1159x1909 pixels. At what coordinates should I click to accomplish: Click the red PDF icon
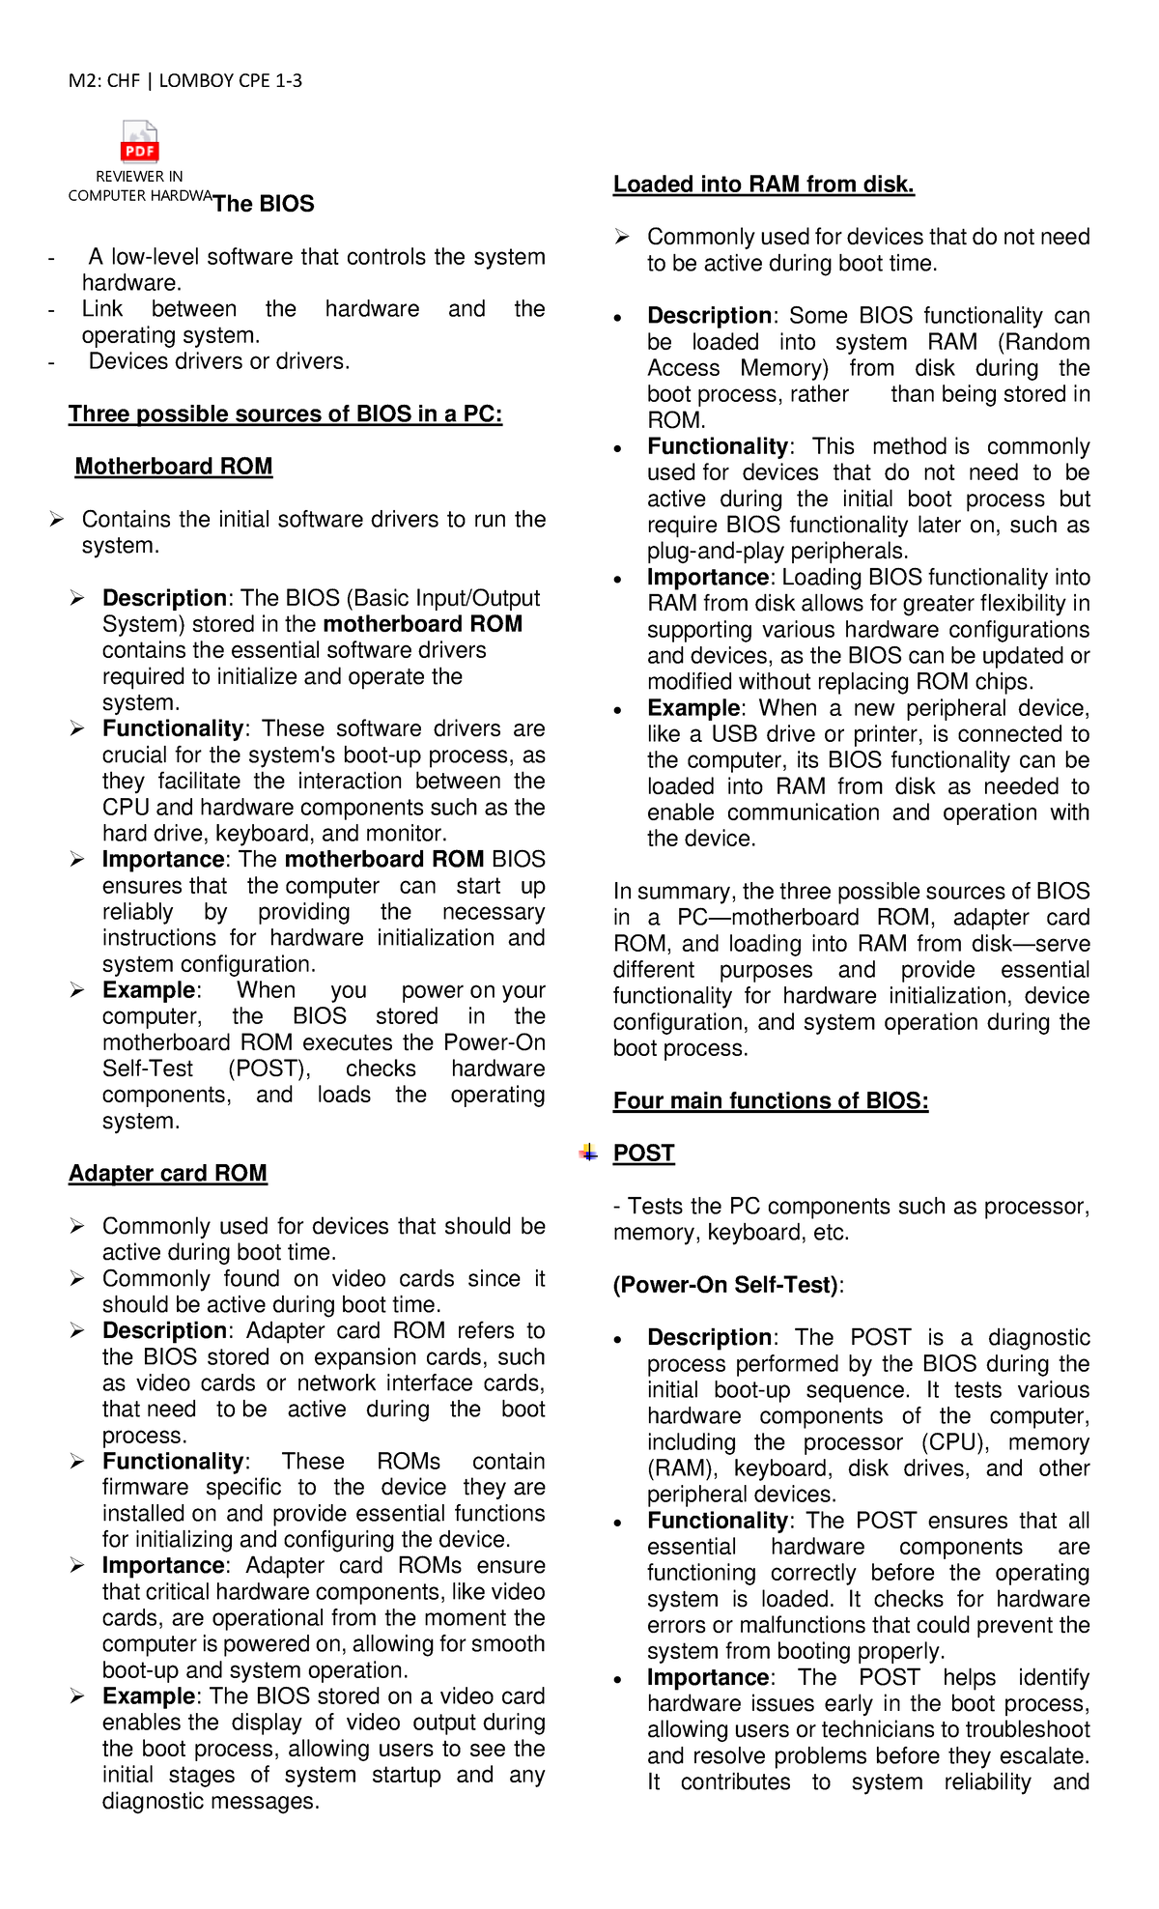pos(139,142)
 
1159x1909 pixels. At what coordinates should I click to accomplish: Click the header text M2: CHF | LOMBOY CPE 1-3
pos(184,81)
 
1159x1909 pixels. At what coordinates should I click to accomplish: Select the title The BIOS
pos(264,204)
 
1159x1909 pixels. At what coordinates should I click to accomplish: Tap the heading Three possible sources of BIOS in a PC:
pos(285,414)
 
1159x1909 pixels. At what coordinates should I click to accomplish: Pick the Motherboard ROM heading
pos(174,467)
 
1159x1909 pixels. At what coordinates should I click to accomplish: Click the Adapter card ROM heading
pos(168,1173)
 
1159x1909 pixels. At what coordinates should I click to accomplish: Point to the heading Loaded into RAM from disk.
pos(763,185)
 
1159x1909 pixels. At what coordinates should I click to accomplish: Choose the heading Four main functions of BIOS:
pos(771,1101)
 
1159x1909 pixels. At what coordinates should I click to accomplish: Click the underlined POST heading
pos(643,1154)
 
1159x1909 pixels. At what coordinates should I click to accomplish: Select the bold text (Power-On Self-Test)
pos(725,1285)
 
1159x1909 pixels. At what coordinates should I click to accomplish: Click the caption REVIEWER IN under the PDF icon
pos(139,177)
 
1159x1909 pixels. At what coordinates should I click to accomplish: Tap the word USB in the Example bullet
pos(734,734)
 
